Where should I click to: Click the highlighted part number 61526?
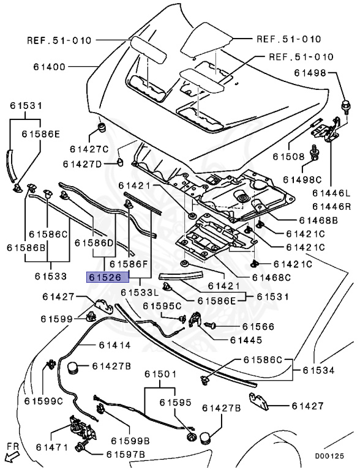point(108,277)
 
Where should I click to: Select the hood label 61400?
point(50,67)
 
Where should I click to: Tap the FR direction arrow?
point(12,455)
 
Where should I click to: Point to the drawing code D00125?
point(329,456)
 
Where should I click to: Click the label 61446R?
point(331,206)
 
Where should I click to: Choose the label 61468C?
point(271,278)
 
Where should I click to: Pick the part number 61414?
point(115,345)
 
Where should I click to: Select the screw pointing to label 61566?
point(209,324)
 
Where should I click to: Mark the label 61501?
point(160,374)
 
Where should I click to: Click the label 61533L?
point(140,293)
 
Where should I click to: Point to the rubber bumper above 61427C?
point(103,127)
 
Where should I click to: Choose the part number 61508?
point(288,157)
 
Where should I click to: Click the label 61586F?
point(129,264)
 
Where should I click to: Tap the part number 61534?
point(318,370)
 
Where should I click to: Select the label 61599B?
point(130,441)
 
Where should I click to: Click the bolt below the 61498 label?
point(345,107)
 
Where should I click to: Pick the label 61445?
point(246,340)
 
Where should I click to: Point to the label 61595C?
point(162,306)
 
